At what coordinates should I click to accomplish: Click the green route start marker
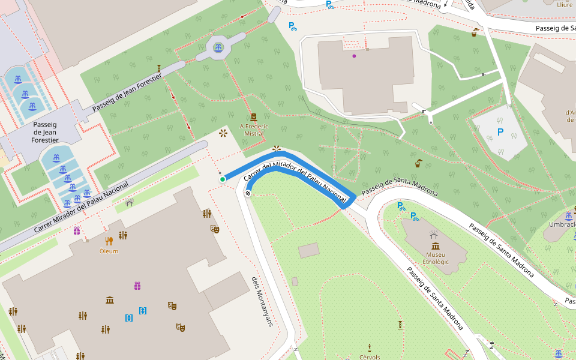click(222, 179)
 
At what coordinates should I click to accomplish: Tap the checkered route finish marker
click(248, 193)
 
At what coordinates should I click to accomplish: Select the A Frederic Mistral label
click(254, 130)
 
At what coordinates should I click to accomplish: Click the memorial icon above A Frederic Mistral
click(254, 118)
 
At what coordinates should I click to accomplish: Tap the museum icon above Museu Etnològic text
click(434, 246)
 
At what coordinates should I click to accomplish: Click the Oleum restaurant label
click(109, 251)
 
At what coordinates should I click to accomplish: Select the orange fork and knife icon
click(109, 241)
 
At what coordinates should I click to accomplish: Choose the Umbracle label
click(562, 225)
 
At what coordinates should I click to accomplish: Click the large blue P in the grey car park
click(500, 132)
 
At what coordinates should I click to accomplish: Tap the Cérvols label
click(370, 357)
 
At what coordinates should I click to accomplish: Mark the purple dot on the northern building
click(354, 56)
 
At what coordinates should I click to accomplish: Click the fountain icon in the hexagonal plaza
click(218, 47)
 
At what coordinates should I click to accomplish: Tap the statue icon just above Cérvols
click(370, 347)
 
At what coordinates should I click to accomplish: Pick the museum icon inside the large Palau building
click(110, 299)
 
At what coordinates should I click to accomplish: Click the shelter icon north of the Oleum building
click(129, 203)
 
